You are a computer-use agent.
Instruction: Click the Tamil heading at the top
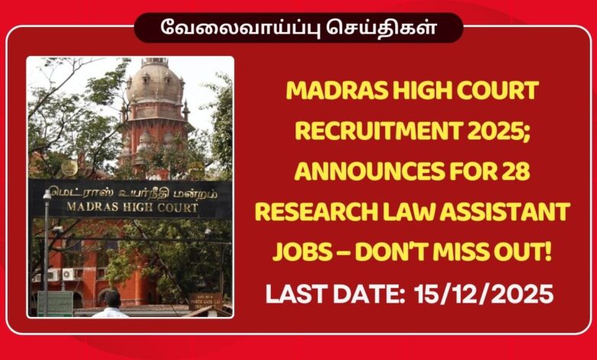pyautogui.click(x=298, y=29)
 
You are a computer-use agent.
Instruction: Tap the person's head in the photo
pyautogui.click(x=113, y=297)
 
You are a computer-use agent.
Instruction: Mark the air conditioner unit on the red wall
pyautogui.click(x=69, y=273)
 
